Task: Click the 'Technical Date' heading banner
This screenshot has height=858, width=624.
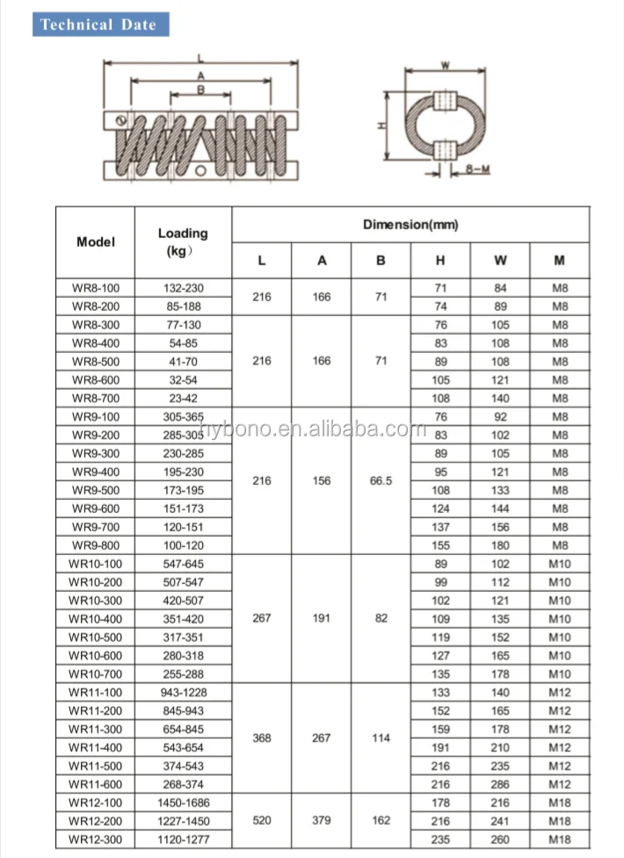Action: (98, 25)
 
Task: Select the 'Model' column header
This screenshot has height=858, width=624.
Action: (96, 242)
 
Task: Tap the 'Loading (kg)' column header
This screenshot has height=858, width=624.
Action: (183, 242)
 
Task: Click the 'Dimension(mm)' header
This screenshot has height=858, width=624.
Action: (410, 225)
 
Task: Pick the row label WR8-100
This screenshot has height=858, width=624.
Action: (96, 288)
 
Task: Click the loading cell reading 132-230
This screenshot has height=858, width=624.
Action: (183, 288)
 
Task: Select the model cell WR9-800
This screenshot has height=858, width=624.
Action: (96, 545)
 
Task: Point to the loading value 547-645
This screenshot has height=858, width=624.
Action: (183, 564)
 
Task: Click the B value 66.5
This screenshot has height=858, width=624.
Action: (381, 481)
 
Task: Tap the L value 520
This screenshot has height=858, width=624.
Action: (262, 821)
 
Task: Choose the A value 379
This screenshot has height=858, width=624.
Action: (322, 821)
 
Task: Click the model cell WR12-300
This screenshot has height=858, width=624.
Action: (96, 840)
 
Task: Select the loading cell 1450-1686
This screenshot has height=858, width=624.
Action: (183, 803)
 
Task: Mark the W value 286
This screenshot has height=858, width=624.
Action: (500, 784)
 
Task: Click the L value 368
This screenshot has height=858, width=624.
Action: (262, 739)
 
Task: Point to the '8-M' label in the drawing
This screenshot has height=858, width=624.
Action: (477, 168)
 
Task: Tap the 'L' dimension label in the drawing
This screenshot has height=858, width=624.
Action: (200, 59)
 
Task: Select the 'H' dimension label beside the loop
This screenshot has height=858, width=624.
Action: (381, 125)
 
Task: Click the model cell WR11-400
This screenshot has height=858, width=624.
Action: (96, 747)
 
